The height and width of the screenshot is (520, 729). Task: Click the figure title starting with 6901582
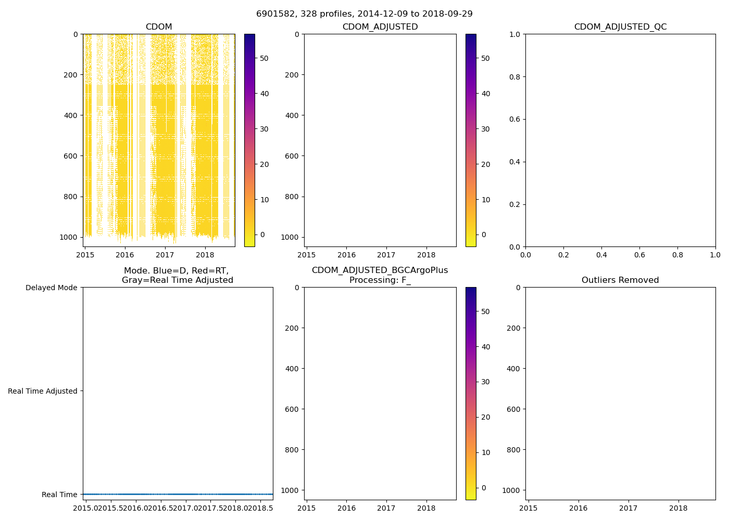[x=364, y=14]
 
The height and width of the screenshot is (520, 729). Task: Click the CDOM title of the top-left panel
[x=159, y=27]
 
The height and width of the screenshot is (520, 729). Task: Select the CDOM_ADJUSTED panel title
[x=380, y=27]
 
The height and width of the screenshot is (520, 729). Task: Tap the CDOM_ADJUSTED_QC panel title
[x=620, y=27]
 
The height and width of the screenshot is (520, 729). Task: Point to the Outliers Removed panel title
[x=620, y=280]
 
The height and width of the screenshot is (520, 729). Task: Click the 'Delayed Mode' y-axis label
[x=51, y=288]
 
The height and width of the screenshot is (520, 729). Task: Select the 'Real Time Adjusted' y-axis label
[x=43, y=391]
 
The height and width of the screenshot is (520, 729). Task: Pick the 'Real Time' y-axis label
[x=59, y=495]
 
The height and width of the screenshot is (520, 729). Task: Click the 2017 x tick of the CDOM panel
[x=165, y=255]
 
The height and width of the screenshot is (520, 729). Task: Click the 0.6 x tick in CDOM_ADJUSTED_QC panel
[x=639, y=255]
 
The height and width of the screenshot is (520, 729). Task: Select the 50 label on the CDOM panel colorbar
[x=265, y=58]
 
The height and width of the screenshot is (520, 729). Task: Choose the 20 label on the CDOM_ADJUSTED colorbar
[x=485, y=164]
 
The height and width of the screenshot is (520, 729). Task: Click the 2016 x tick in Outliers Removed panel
[x=578, y=508]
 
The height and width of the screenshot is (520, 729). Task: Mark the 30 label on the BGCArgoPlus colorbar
[x=485, y=382]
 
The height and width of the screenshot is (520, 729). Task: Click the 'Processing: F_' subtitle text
[x=380, y=280]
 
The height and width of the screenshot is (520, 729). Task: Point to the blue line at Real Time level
[x=178, y=494]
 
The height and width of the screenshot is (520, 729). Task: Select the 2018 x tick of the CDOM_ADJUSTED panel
[x=426, y=255]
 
